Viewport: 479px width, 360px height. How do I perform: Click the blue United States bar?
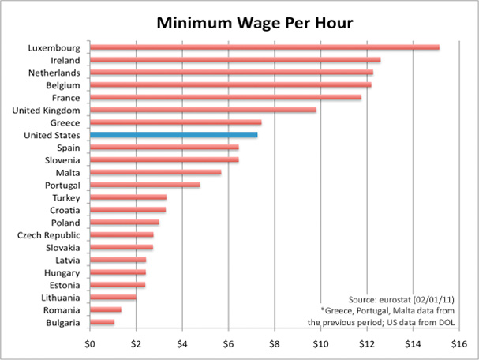click(x=174, y=135)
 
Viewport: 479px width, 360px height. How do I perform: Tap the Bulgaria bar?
click(x=102, y=322)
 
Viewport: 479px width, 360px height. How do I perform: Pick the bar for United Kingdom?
click(x=203, y=111)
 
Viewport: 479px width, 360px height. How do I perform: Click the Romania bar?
click(x=105, y=309)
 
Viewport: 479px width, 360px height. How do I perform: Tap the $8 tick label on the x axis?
click(x=275, y=343)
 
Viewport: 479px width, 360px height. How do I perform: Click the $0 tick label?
click(x=90, y=343)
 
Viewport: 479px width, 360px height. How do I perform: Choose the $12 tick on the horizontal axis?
click(x=367, y=343)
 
